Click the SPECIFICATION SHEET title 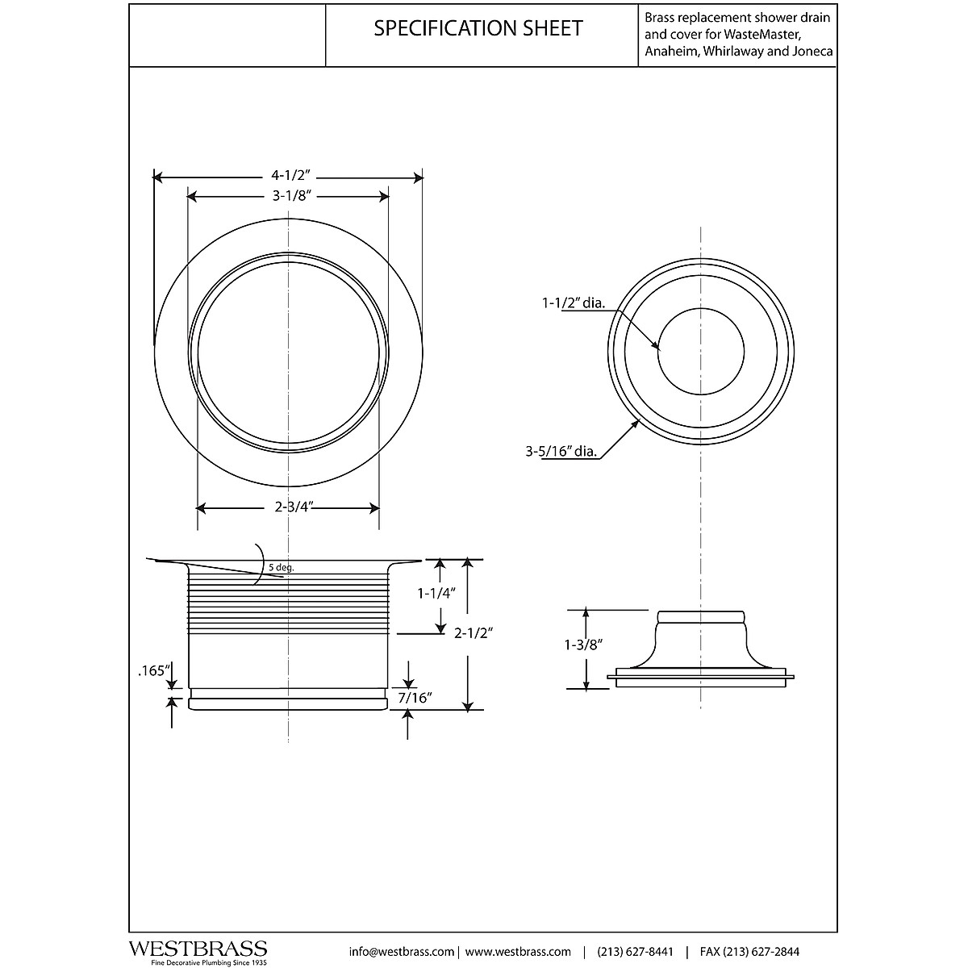(478, 28)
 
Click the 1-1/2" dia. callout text (573, 304)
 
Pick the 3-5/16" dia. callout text (561, 452)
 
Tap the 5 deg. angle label (282, 568)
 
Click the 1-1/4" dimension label (437, 594)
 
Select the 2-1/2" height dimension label (474, 633)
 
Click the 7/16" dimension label (413, 698)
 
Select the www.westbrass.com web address (518, 951)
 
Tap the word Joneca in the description (812, 51)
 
